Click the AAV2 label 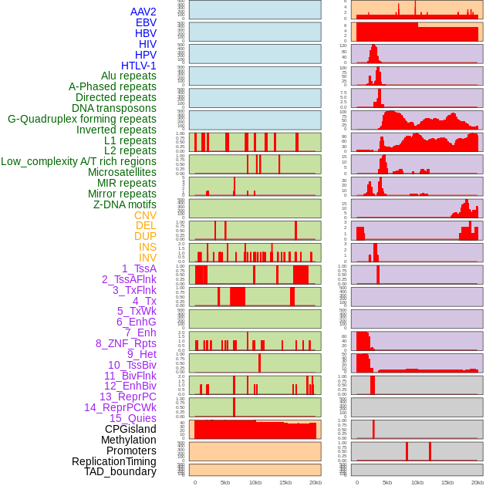143,12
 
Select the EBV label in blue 146,22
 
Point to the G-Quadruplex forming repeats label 82,119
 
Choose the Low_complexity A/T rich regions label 79,161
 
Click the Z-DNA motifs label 125,204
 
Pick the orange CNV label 145,215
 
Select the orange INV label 147,258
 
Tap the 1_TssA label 139,268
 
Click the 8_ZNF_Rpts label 126,343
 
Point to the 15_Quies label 133,418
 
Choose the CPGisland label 130,429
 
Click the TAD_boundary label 120,471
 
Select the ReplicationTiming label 114,461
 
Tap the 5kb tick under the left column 225,482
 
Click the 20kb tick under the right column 478,482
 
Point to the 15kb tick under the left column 285,482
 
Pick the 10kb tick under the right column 417,482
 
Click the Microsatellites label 122,172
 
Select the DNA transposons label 114,108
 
